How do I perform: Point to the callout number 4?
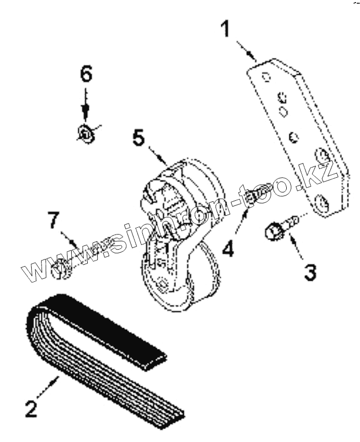(x=228, y=248)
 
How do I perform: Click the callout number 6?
(x=86, y=74)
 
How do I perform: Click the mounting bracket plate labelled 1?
(x=296, y=135)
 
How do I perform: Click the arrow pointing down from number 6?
(x=86, y=104)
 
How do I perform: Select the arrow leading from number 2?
(x=49, y=387)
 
